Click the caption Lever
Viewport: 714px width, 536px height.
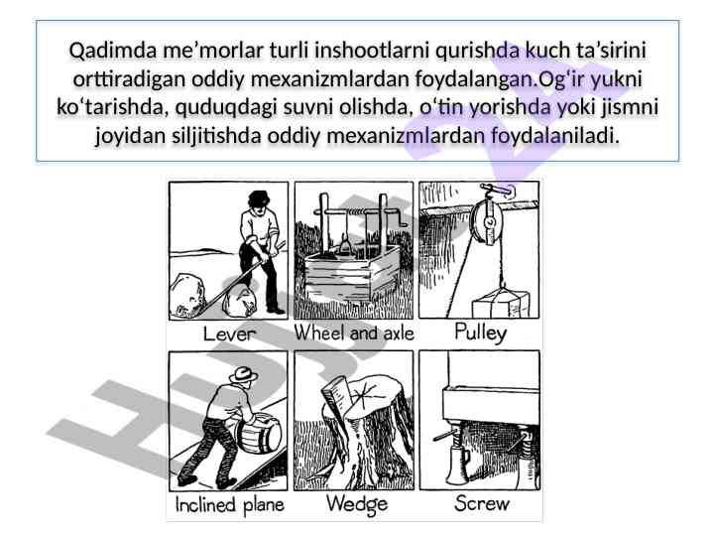229,334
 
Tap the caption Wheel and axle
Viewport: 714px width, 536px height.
354,334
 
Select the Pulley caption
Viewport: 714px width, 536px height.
480,333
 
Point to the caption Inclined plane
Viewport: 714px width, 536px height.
229,504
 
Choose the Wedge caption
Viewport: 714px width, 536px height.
357,504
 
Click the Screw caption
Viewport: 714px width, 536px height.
481,503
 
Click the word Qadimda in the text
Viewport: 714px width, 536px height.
112,51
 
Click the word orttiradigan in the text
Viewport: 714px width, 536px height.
129,79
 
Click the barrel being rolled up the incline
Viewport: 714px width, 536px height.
258,433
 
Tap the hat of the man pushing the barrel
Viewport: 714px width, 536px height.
244,374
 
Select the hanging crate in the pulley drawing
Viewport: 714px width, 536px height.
501,303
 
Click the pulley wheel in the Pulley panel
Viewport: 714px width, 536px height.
488,222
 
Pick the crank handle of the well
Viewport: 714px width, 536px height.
401,216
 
